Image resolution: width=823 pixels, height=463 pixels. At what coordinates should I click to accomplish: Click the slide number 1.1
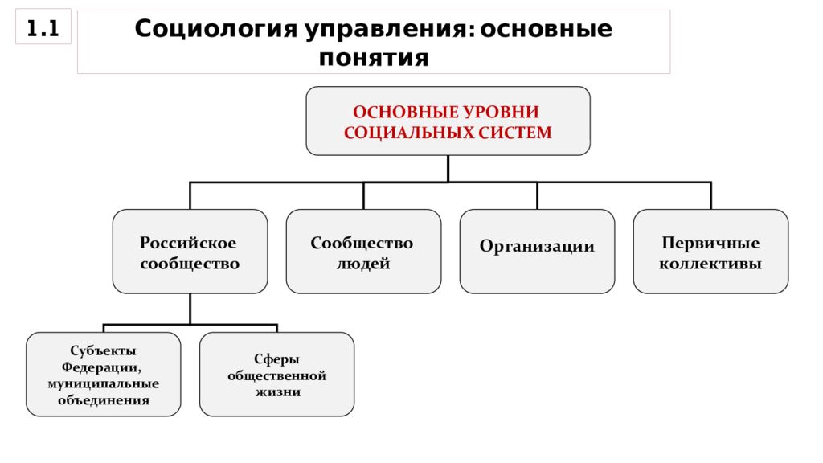(43, 28)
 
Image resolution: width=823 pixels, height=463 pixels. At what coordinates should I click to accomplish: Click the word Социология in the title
(216, 30)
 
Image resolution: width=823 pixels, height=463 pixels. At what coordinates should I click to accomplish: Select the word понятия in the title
(374, 58)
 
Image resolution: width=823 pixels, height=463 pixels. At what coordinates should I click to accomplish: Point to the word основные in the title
(547, 30)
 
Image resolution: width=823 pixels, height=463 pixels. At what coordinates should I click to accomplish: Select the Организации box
(537, 252)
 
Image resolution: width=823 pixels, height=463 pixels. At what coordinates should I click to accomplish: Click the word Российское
(188, 243)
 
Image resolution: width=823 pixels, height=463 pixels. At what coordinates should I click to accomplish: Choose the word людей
(363, 264)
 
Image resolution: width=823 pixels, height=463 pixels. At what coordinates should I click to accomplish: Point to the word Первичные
(710, 243)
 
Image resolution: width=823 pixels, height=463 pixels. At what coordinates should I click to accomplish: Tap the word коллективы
(710, 264)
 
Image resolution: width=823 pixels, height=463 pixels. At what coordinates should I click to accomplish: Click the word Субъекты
(104, 350)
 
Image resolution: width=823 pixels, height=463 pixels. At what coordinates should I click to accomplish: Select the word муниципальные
(104, 383)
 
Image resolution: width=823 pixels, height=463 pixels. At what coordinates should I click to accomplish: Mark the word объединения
(104, 400)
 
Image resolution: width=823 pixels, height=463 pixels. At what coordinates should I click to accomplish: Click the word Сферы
(276, 359)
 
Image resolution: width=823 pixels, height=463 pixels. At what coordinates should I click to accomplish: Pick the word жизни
(278, 392)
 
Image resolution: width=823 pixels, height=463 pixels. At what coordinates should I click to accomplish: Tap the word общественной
(276, 376)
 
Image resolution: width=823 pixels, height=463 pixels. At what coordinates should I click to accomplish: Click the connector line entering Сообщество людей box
(363, 196)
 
